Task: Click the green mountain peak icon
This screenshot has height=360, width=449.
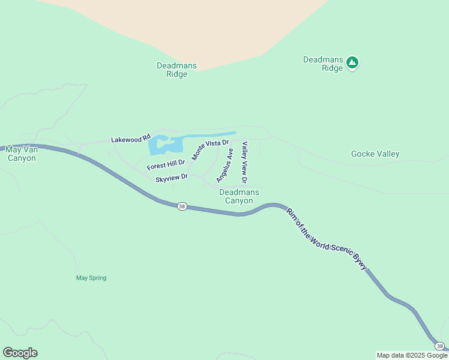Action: [x=352, y=62]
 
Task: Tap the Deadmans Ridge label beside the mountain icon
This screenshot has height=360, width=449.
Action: [x=323, y=64]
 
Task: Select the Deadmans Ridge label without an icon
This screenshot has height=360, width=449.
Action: [x=172, y=70]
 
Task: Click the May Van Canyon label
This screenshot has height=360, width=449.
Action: [x=20, y=154]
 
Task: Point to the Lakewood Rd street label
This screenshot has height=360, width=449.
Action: [x=130, y=139]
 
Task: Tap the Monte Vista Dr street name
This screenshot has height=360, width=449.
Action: [x=210, y=149]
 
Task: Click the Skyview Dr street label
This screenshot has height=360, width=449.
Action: [x=172, y=178]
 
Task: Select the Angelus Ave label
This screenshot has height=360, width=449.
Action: [x=224, y=166]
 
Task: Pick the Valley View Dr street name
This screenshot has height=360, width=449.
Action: [x=244, y=163]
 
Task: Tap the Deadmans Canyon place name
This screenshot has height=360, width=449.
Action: [x=239, y=196]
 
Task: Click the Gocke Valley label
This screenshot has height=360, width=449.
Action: [x=375, y=154]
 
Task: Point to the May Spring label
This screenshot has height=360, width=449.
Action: [x=91, y=278]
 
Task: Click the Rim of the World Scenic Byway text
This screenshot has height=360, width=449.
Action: [x=326, y=239]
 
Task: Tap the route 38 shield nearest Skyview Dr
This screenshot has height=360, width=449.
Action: [x=182, y=206]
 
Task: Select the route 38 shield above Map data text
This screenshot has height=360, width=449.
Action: [x=439, y=346]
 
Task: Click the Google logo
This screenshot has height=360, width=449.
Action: [x=20, y=353]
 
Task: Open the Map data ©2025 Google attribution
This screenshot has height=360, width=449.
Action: [x=412, y=355]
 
